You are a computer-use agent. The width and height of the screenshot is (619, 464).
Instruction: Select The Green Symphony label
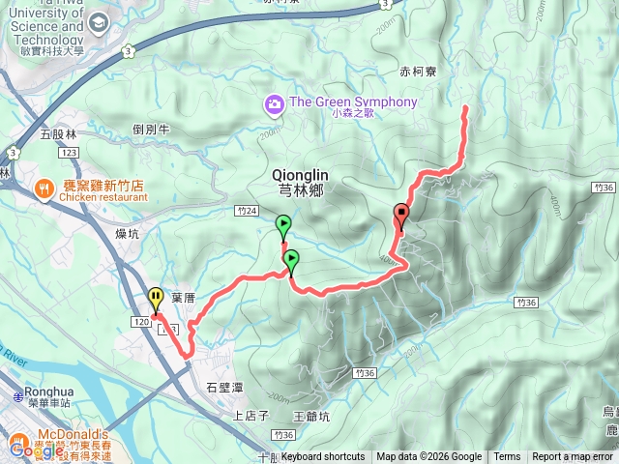pos(353,101)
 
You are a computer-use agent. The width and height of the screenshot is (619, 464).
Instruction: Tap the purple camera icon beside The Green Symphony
pos(274,102)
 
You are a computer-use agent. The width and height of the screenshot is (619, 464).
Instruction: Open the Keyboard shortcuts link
pos(323,457)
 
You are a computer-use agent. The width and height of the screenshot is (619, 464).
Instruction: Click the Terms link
pos(507,457)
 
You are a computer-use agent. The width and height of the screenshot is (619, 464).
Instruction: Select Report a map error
pos(573,457)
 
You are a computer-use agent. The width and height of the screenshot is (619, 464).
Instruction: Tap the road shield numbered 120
pos(141,320)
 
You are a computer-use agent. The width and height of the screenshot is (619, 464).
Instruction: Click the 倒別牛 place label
pos(152,130)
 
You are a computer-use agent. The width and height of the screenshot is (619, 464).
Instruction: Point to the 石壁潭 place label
pos(224,387)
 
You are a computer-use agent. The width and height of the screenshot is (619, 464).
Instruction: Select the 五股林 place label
pos(56,134)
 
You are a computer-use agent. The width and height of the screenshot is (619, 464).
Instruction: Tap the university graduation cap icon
pos(99,22)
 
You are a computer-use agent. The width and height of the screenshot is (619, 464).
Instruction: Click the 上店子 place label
pos(250,416)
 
